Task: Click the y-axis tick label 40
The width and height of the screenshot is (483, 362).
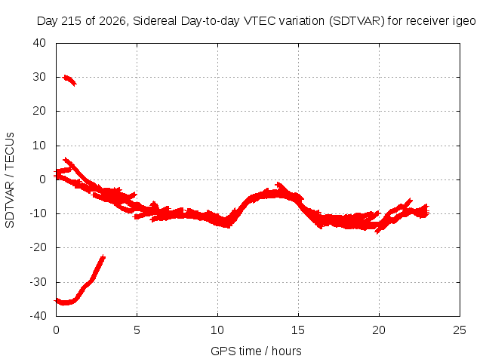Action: pos(39,43)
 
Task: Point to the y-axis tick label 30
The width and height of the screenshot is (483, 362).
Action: pos(39,77)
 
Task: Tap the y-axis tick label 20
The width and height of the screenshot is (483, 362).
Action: pos(39,111)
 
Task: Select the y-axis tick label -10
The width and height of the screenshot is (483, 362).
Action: pos(38,213)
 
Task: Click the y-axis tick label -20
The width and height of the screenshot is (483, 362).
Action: pos(38,247)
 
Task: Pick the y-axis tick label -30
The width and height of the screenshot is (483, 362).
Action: pos(38,281)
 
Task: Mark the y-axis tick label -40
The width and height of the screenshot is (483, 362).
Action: pos(38,315)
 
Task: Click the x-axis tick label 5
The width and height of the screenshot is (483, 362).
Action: pos(137,330)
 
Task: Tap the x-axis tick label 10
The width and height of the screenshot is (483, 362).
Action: pos(217,330)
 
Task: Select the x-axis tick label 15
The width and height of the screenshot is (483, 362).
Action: pos(298,330)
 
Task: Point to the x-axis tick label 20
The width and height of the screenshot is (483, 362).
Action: pos(379,330)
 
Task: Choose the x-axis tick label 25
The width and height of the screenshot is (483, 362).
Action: pos(460,330)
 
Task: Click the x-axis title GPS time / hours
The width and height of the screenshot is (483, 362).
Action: pos(256,351)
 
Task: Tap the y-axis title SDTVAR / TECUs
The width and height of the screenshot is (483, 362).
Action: pos(10,180)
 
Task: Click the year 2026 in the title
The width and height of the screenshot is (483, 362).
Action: pos(112,21)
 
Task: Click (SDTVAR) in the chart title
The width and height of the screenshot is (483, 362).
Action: pos(357,22)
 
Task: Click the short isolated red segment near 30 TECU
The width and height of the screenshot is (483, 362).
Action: pos(69,81)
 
